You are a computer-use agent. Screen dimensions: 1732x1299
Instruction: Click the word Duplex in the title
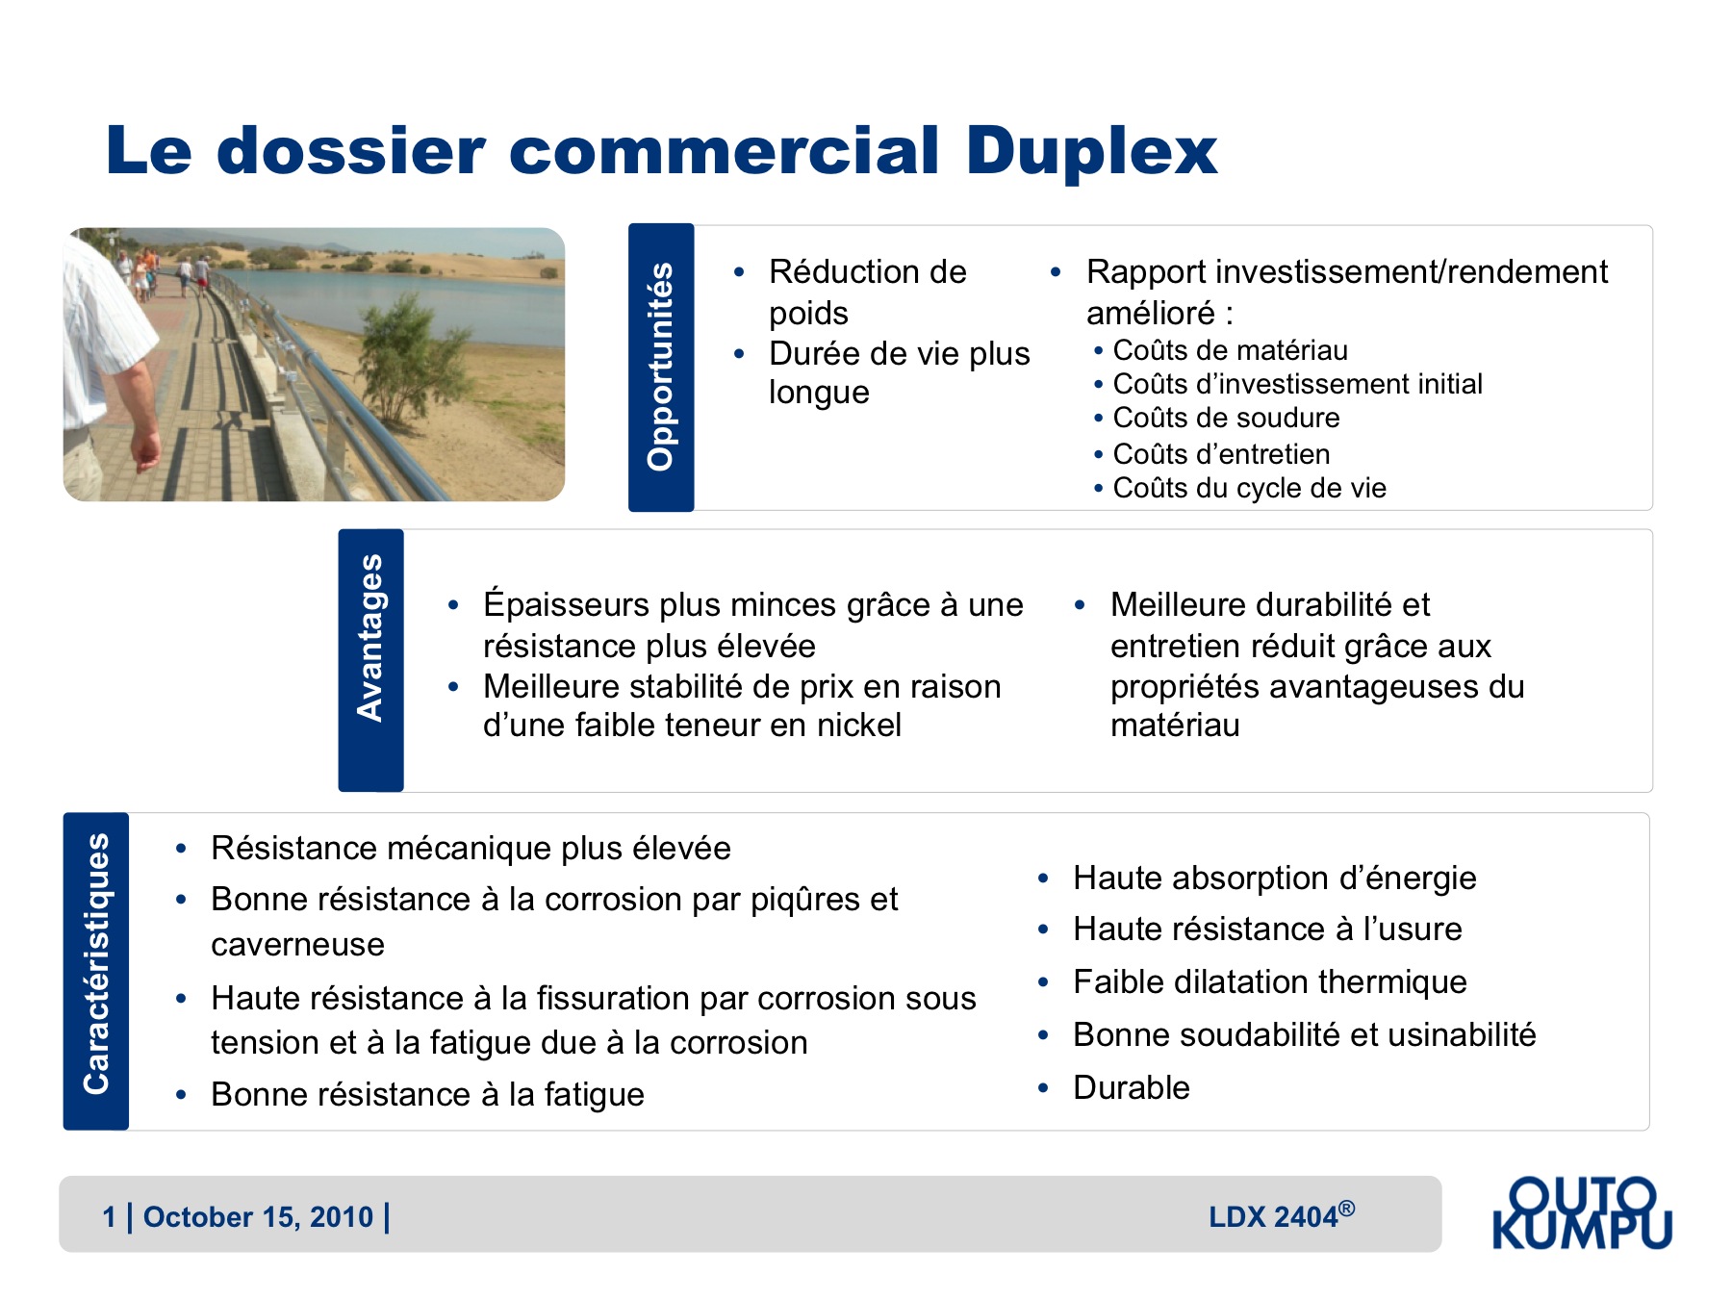point(1092,152)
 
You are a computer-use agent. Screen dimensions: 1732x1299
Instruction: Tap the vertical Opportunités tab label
point(660,367)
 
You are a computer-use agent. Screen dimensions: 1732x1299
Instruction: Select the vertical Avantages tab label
point(370,637)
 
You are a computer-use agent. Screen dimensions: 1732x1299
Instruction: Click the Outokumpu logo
point(1583,1212)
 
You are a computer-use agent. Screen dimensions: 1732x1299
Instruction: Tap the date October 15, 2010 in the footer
point(258,1217)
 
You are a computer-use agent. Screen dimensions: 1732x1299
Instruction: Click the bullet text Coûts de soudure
point(1226,418)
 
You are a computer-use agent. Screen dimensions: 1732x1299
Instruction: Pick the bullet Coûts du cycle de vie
point(1249,488)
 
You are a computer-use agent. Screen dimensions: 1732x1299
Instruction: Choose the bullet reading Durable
point(1132,1087)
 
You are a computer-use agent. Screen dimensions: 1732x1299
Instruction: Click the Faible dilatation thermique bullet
point(1270,981)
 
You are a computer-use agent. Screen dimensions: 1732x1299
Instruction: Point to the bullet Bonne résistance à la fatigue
point(427,1095)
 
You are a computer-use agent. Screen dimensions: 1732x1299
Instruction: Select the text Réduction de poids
point(868,292)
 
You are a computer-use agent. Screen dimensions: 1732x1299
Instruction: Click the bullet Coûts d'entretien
point(1221,454)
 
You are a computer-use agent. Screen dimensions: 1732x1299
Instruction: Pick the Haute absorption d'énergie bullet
point(1275,879)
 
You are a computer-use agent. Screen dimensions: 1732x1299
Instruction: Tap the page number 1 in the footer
point(110,1217)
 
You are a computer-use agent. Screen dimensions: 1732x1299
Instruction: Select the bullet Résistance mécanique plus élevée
point(471,849)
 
